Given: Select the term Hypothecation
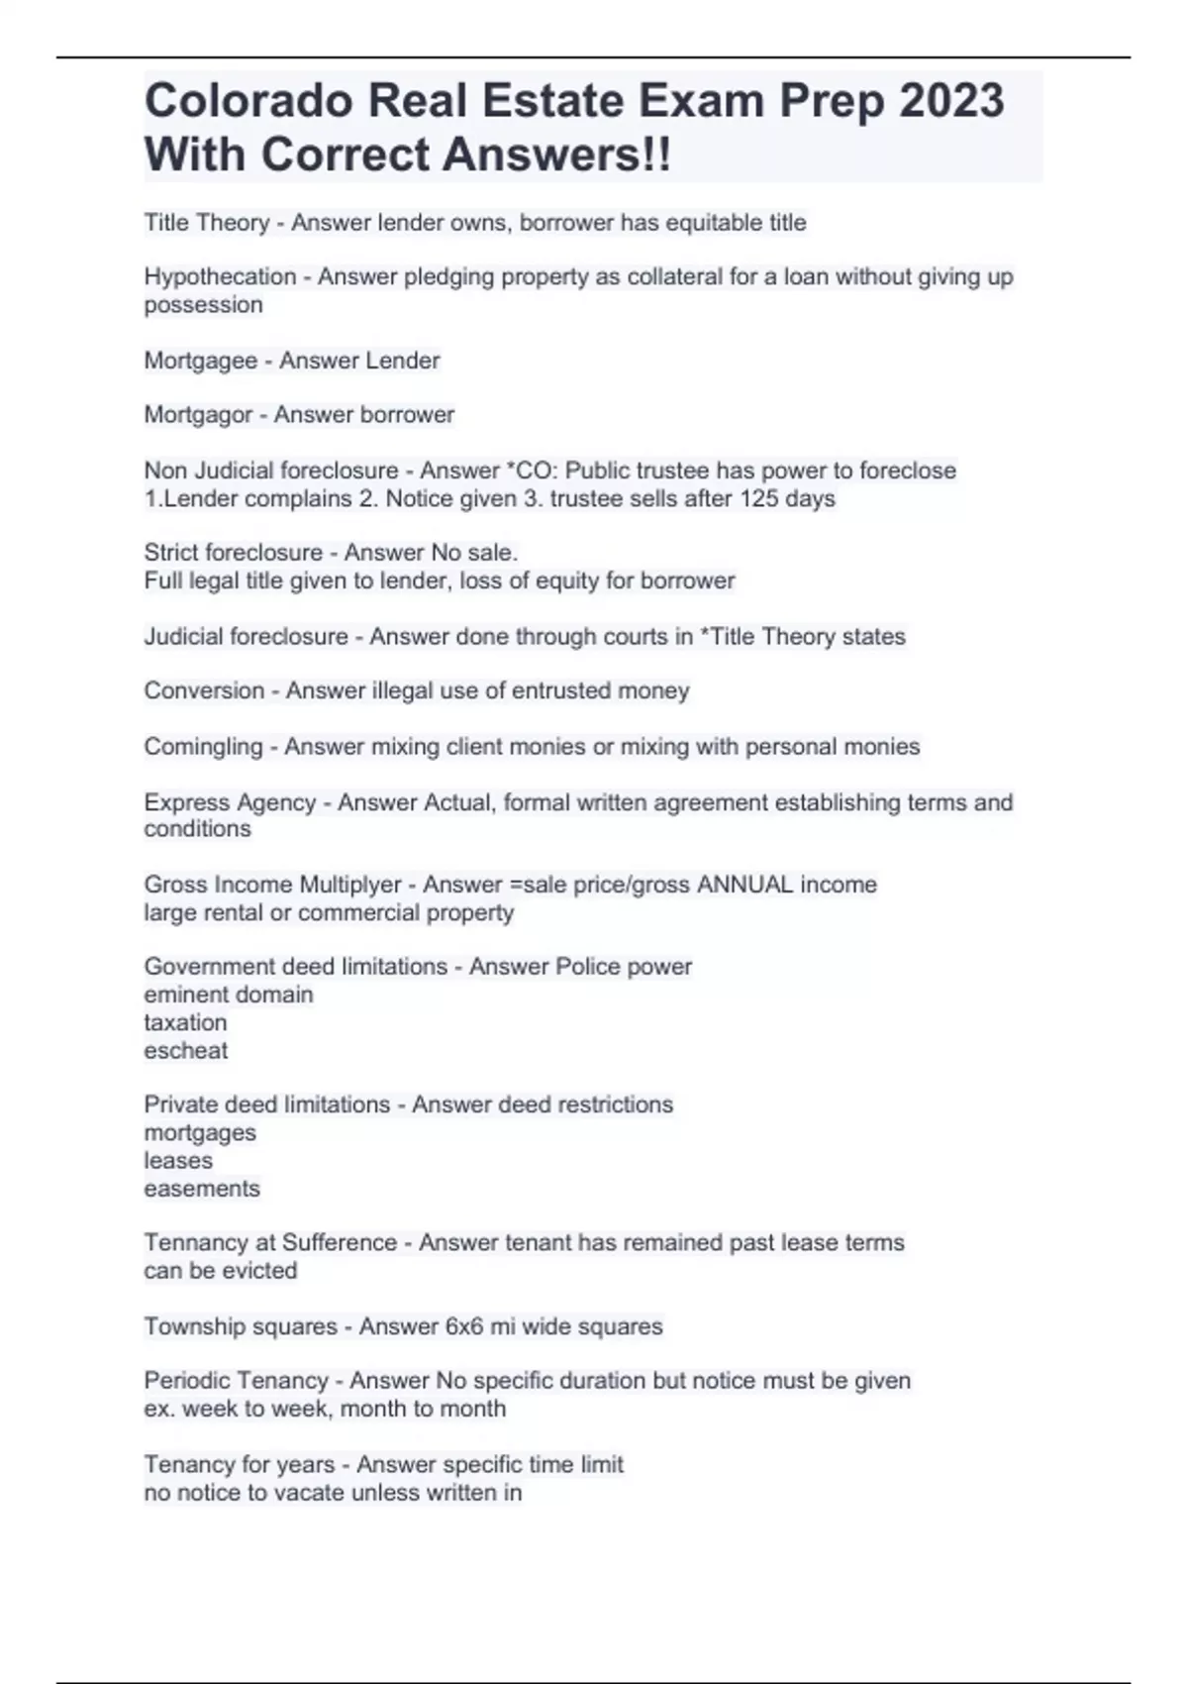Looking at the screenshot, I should pyautogui.click(x=220, y=277).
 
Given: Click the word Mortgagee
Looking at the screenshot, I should pyautogui.click(x=200, y=361).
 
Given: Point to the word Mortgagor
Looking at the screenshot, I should pyautogui.click(x=198, y=415).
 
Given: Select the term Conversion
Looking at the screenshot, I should pyautogui.click(x=204, y=690).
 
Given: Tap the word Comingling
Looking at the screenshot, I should pyautogui.click(x=203, y=746).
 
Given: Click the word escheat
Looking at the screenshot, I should pyautogui.click(x=185, y=1051).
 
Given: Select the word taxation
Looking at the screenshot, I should pyautogui.click(x=185, y=1023).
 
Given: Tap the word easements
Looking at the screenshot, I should pyautogui.click(x=201, y=1189).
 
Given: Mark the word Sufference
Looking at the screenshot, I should pyautogui.click(x=340, y=1243).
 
